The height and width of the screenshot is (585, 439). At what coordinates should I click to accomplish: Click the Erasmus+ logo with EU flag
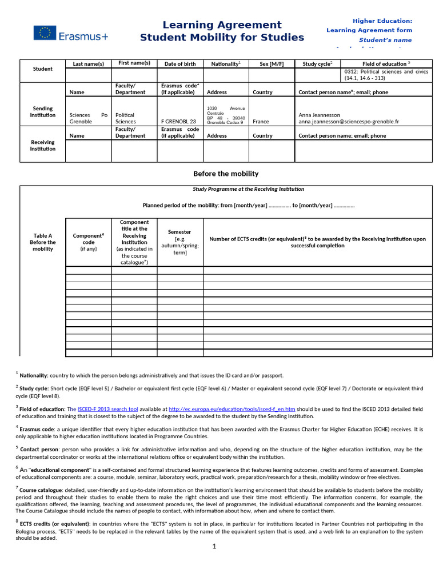70,34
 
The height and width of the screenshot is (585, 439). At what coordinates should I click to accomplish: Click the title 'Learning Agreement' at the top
222,25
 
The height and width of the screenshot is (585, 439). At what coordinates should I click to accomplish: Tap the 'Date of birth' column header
180,64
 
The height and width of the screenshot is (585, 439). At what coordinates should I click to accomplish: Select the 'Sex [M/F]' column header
272,64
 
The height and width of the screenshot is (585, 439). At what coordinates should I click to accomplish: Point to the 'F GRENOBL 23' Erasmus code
178,122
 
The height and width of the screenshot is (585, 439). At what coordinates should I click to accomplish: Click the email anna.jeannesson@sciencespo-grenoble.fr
349,122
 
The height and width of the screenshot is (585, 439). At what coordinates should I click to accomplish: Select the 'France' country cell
261,122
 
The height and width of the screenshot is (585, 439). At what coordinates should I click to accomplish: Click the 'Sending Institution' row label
42,111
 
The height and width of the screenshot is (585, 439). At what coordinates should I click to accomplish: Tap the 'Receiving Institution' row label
42,146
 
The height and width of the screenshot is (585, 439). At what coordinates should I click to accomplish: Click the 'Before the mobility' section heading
225,174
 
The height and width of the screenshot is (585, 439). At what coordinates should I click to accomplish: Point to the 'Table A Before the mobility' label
42,242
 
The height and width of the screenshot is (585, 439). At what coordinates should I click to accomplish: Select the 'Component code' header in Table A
88,242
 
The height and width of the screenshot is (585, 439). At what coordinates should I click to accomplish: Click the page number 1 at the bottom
214,547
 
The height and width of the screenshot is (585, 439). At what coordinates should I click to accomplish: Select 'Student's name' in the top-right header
385,40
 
